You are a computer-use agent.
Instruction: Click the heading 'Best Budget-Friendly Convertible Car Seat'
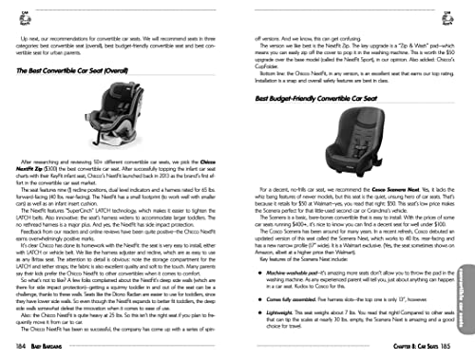318,98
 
